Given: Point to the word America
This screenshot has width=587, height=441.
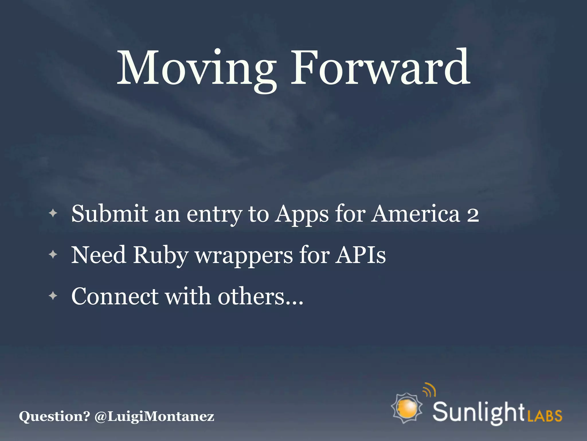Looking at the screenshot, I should click(x=416, y=214).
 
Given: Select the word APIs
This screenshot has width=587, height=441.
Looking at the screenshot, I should click(x=361, y=255).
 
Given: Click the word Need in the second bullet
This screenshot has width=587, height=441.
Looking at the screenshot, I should click(x=99, y=255).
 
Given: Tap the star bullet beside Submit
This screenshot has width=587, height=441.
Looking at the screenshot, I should click(x=53, y=213).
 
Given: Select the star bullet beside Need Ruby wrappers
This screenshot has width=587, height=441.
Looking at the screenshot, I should click(x=53, y=254).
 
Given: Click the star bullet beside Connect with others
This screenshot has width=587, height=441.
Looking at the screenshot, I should click(x=53, y=295).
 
